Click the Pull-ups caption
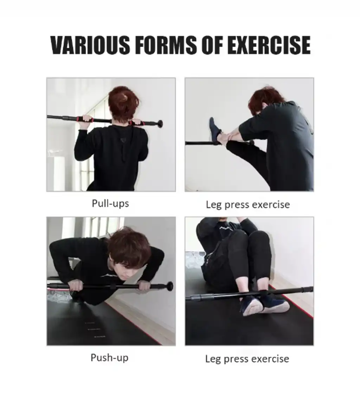tap(110, 204)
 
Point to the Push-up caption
tap(110, 358)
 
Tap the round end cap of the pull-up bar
tap(160, 124)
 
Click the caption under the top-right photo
tap(247, 205)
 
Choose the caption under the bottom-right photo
tap(247, 359)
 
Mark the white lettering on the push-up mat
tap(94, 329)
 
